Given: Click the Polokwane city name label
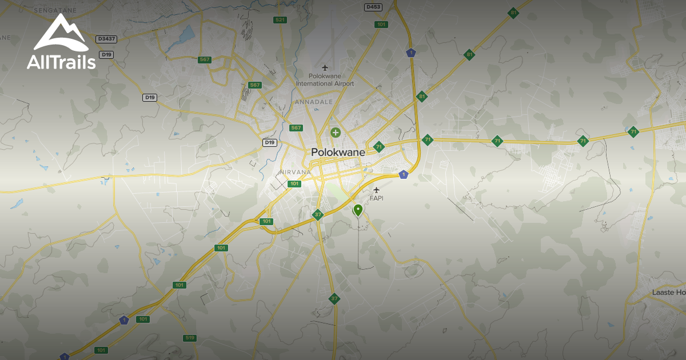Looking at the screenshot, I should click(x=338, y=153).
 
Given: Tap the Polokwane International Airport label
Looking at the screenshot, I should click(x=325, y=80).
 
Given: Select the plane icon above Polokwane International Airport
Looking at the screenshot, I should click(x=325, y=68).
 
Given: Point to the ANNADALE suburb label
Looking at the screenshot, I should click(x=313, y=102).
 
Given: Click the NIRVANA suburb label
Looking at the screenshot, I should click(x=295, y=172).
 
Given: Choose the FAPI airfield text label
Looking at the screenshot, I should click(x=376, y=198).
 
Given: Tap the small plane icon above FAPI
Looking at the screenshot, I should click(x=376, y=190).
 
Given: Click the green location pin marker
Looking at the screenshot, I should click(x=358, y=210).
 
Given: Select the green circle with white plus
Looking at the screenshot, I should click(x=336, y=133).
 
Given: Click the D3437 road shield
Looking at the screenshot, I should click(x=106, y=39).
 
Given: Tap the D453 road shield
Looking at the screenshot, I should click(x=373, y=7).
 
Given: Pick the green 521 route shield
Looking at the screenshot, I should click(x=280, y=20).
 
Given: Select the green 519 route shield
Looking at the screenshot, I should click(x=190, y=338).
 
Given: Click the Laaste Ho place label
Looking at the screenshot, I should click(x=668, y=293).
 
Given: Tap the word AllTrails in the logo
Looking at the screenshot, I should click(x=61, y=62).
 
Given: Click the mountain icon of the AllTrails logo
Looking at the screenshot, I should click(x=61, y=33).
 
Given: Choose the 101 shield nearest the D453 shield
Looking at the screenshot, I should click(x=381, y=25).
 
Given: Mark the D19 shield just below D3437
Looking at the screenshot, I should click(x=106, y=54).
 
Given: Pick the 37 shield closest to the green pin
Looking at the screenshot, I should click(x=318, y=215).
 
